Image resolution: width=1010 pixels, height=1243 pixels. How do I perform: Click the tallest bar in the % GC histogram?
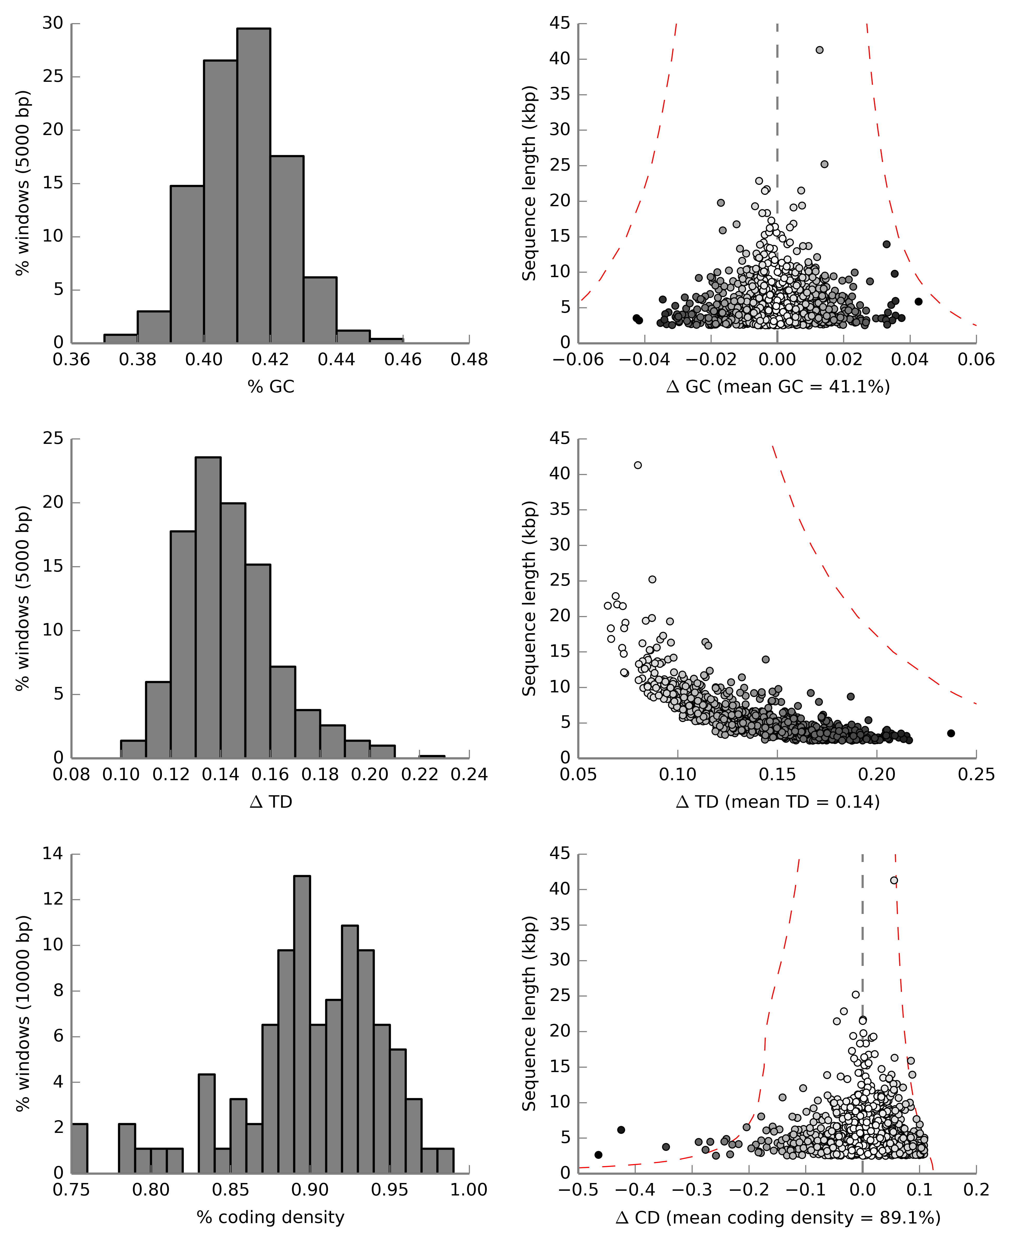click(254, 186)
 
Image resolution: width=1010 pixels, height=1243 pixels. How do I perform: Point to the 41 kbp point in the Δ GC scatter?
click(819, 50)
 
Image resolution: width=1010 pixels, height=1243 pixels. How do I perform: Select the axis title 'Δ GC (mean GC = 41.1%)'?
click(778, 387)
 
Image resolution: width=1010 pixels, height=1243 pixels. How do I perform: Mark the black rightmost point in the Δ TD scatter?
click(951, 733)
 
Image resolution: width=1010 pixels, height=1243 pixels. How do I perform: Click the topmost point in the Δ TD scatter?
click(638, 465)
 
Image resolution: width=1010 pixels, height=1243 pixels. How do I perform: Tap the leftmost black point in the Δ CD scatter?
click(598, 1155)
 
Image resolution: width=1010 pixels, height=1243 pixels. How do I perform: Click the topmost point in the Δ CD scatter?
click(894, 880)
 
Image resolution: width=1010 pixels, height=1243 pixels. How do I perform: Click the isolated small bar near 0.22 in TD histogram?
click(432, 756)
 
